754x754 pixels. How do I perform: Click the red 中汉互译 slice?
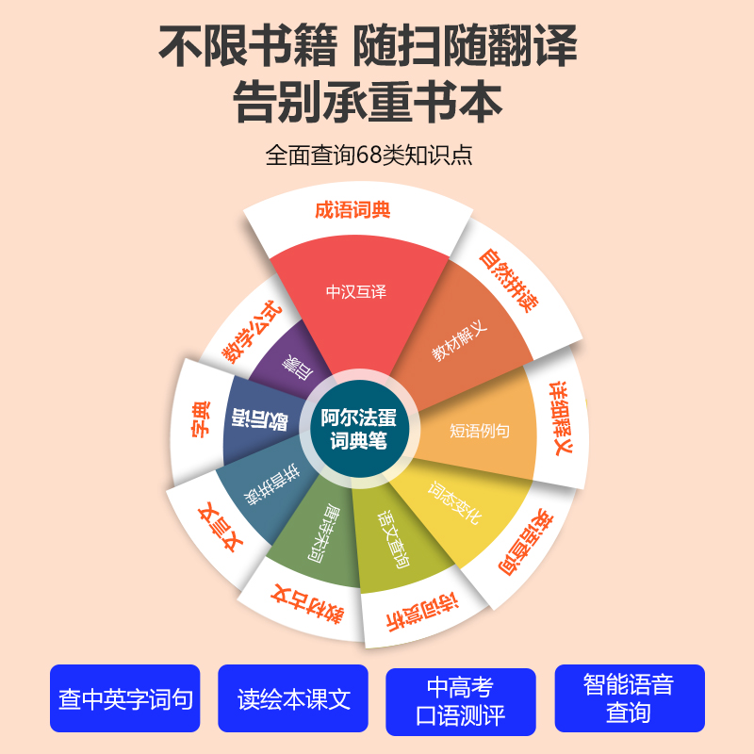[356, 292]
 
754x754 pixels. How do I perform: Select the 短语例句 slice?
[479, 431]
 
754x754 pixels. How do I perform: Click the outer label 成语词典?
[352, 210]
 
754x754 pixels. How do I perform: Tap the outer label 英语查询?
[523, 542]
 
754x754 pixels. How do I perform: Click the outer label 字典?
[201, 420]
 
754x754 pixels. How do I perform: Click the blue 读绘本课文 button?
[293, 699]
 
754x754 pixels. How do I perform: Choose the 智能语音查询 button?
[629, 698]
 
